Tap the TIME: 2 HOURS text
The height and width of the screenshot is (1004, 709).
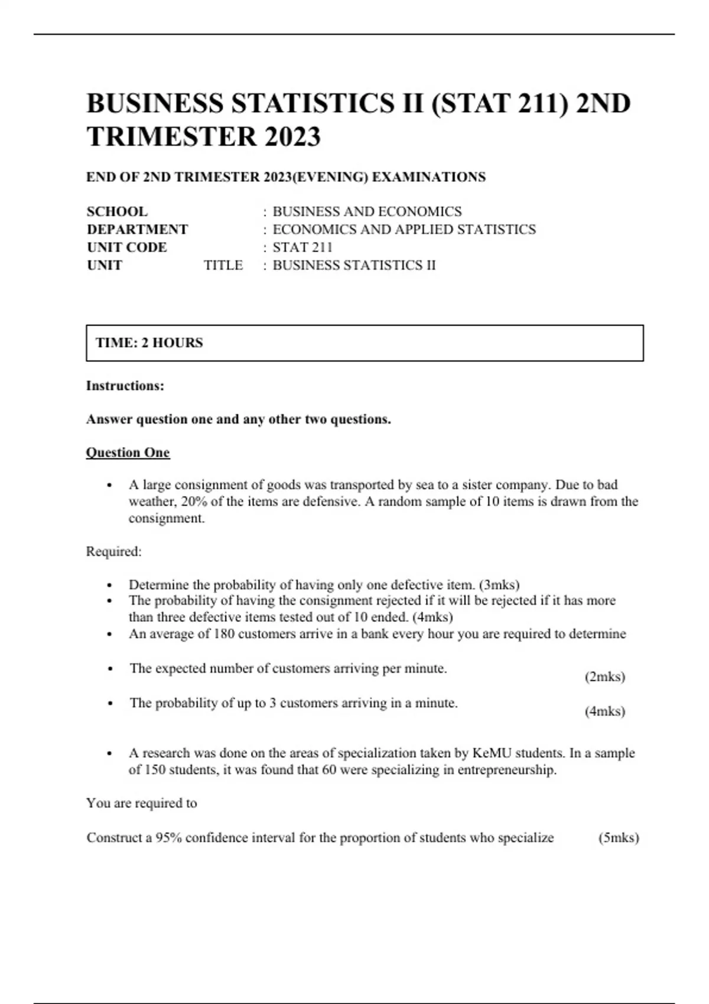(x=149, y=343)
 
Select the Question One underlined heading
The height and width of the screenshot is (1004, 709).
(x=128, y=453)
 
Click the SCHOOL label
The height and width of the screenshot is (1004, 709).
(x=117, y=211)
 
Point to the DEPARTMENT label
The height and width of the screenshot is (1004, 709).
(x=137, y=229)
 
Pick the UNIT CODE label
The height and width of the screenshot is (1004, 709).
(x=126, y=247)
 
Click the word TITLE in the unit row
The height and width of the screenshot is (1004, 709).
(x=223, y=265)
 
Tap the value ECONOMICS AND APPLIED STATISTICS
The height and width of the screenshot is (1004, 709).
(x=404, y=229)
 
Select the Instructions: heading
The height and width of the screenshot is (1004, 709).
(x=125, y=386)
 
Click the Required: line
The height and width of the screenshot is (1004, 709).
(x=114, y=552)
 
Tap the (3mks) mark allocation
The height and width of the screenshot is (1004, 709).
(x=499, y=585)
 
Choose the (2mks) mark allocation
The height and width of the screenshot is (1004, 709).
(x=604, y=677)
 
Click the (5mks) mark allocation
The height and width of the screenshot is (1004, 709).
(x=619, y=838)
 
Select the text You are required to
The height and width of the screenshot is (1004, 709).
(x=142, y=803)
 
